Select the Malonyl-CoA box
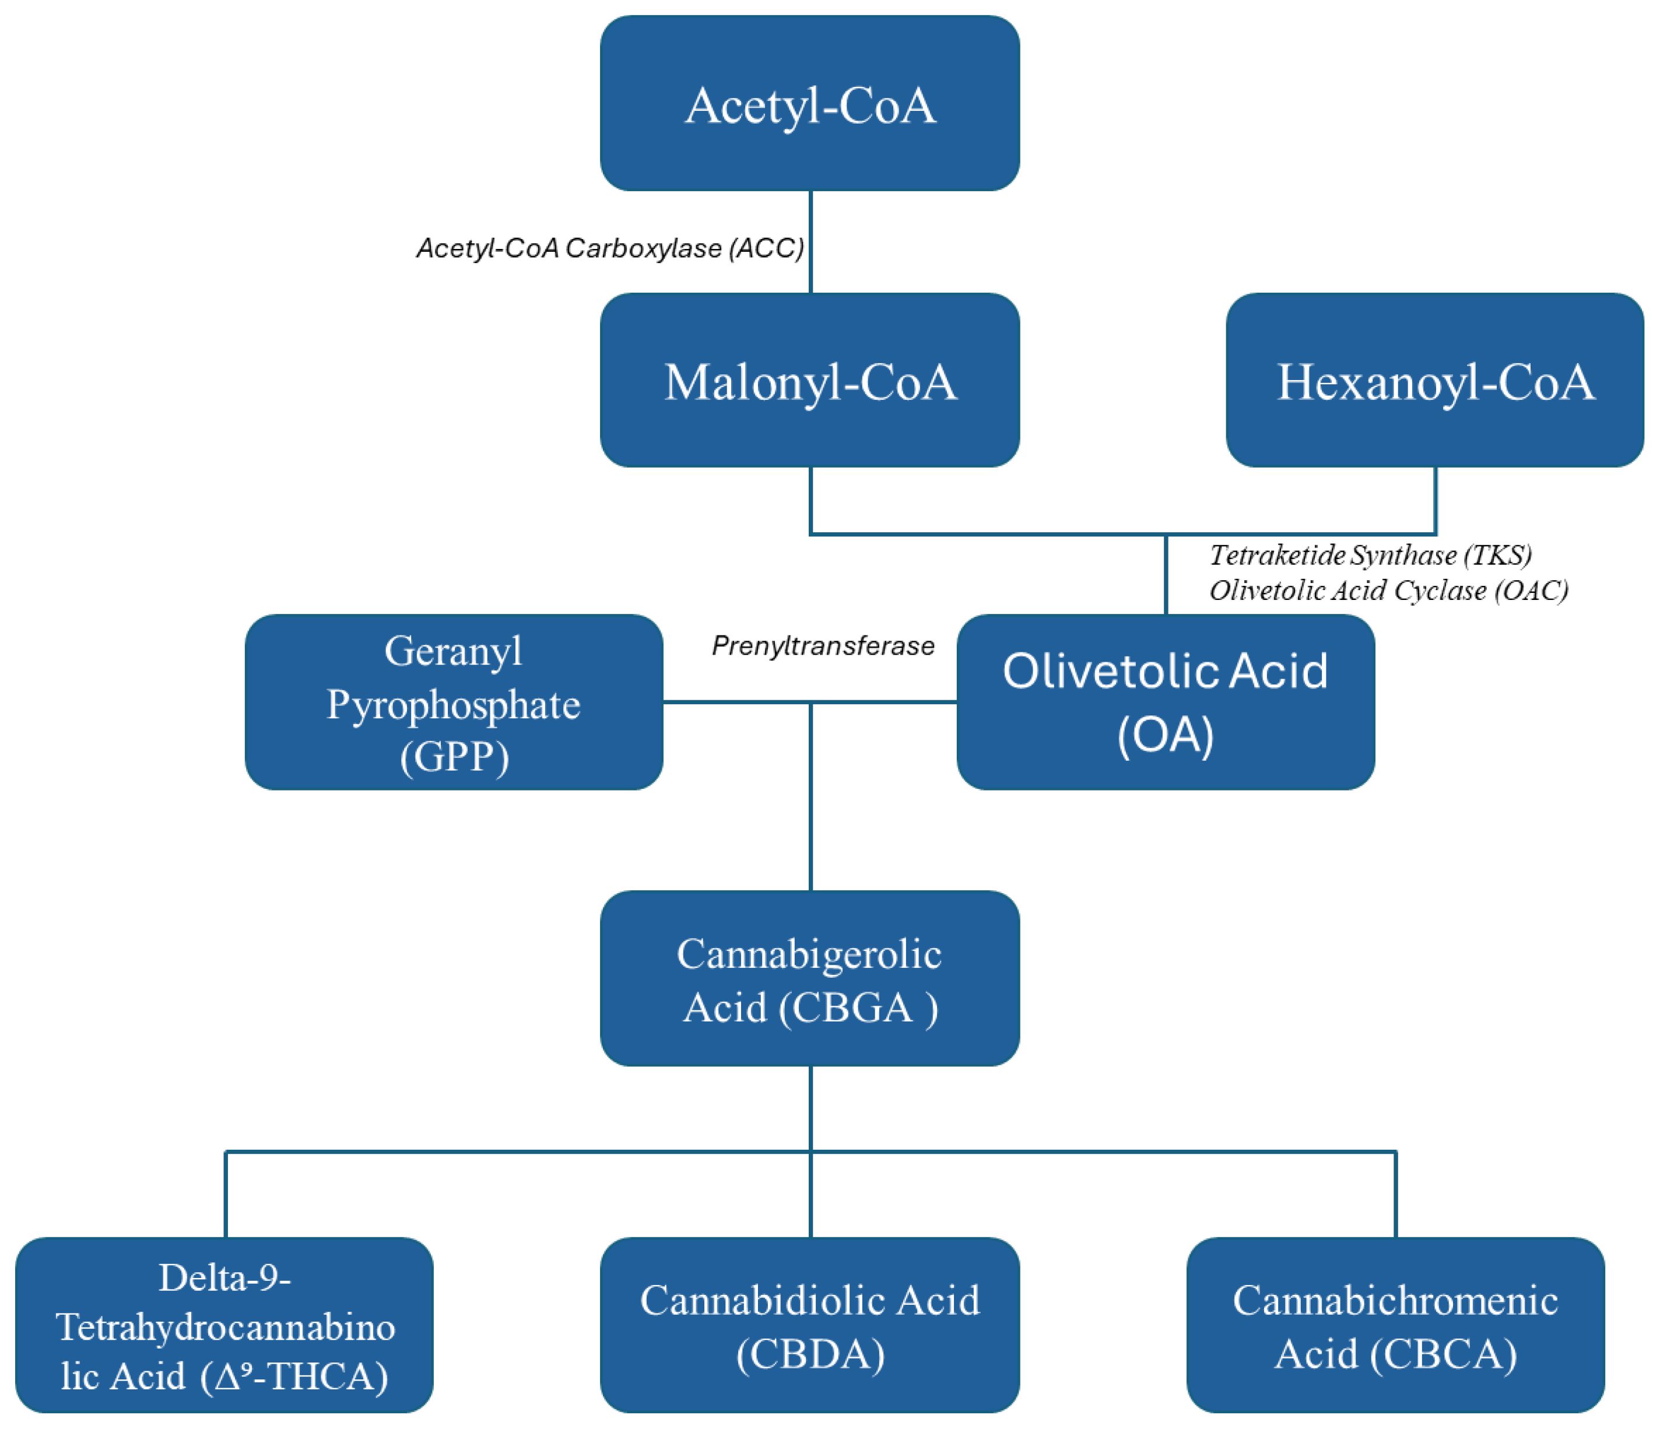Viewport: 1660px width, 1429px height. click(x=809, y=381)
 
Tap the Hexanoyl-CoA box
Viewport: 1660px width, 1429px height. click(x=1434, y=381)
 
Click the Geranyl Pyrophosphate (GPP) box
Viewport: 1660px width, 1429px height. click(x=454, y=703)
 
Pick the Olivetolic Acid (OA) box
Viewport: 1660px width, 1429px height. click(x=1165, y=703)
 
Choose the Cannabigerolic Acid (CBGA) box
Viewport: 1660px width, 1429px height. click(x=809, y=979)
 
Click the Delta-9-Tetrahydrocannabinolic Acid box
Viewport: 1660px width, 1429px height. click(x=224, y=1326)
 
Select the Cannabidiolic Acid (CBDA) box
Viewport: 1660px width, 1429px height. click(x=809, y=1326)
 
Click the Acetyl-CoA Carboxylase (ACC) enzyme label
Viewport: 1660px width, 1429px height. click(x=610, y=248)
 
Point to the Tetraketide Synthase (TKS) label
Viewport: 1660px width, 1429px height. click(x=1370, y=555)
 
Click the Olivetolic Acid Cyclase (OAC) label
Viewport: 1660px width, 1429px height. click(x=1388, y=591)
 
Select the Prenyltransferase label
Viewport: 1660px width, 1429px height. click(x=823, y=645)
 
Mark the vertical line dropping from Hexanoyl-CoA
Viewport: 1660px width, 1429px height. click(x=1435, y=501)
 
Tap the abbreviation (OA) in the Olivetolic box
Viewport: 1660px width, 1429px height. click(x=1165, y=735)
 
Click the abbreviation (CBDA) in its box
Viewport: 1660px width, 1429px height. click(x=810, y=1354)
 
